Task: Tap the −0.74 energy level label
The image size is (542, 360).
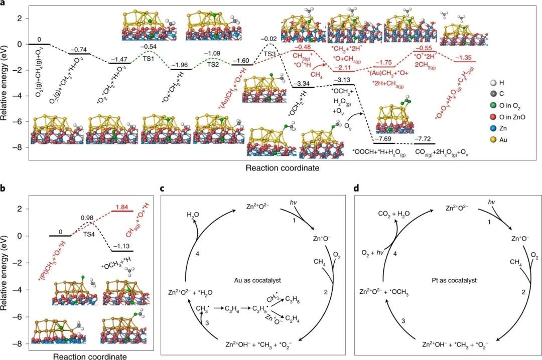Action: (x=79, y=49)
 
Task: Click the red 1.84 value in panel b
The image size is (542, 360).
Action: (x=122, y=206)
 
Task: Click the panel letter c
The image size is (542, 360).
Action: (x=162, y=189)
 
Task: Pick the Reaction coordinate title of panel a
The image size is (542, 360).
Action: (x=282, y=168)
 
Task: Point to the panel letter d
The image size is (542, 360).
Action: (x=356, y=189)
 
